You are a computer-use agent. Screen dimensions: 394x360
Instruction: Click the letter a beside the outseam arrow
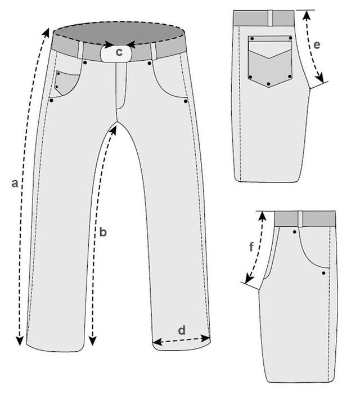[x=16, y=183]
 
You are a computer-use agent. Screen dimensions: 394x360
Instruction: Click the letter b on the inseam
[x=103, y=231]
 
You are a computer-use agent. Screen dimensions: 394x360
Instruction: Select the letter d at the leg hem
[x=182, y=330]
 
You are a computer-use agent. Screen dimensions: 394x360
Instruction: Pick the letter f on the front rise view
[x=251, y=246]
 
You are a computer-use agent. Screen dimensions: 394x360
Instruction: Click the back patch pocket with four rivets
[x=269, y=61]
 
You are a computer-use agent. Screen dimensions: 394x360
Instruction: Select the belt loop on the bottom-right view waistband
[x=301, y=218]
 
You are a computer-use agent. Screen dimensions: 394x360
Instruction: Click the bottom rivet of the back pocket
[x=269, y=84]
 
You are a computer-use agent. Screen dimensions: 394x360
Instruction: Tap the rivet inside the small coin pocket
[x=58, y=74]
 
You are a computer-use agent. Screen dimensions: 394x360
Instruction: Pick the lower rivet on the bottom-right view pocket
[x=324, y=273]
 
